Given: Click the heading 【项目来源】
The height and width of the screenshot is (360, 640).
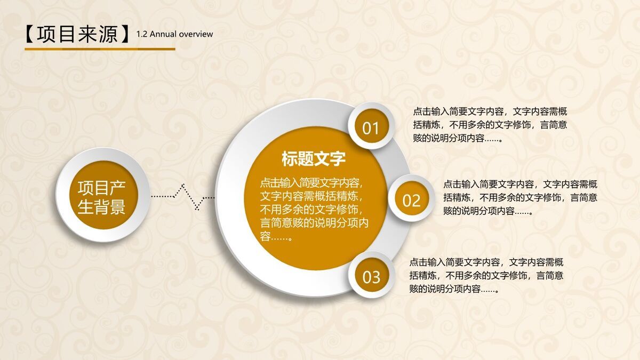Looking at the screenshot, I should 78,34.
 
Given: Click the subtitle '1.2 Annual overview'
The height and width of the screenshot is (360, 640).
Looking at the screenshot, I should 174,34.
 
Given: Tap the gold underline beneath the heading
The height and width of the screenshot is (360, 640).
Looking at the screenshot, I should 100,49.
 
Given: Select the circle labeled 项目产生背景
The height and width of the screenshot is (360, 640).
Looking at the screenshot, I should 102,195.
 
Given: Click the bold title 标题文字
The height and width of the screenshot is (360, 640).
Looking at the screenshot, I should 314,158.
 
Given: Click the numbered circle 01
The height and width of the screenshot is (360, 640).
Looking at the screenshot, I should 371,128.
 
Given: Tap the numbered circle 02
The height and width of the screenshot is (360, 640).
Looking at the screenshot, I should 411,201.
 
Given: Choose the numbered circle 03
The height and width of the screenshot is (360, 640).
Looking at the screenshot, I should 371,277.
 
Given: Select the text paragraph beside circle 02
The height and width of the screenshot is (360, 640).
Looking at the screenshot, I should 520,197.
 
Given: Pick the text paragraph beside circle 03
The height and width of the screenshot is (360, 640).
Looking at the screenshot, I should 486,276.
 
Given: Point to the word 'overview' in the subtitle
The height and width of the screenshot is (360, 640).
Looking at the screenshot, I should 196,34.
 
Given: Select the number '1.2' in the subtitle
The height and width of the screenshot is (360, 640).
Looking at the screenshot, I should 142,34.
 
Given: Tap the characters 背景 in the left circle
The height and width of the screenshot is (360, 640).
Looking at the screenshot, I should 110,206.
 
